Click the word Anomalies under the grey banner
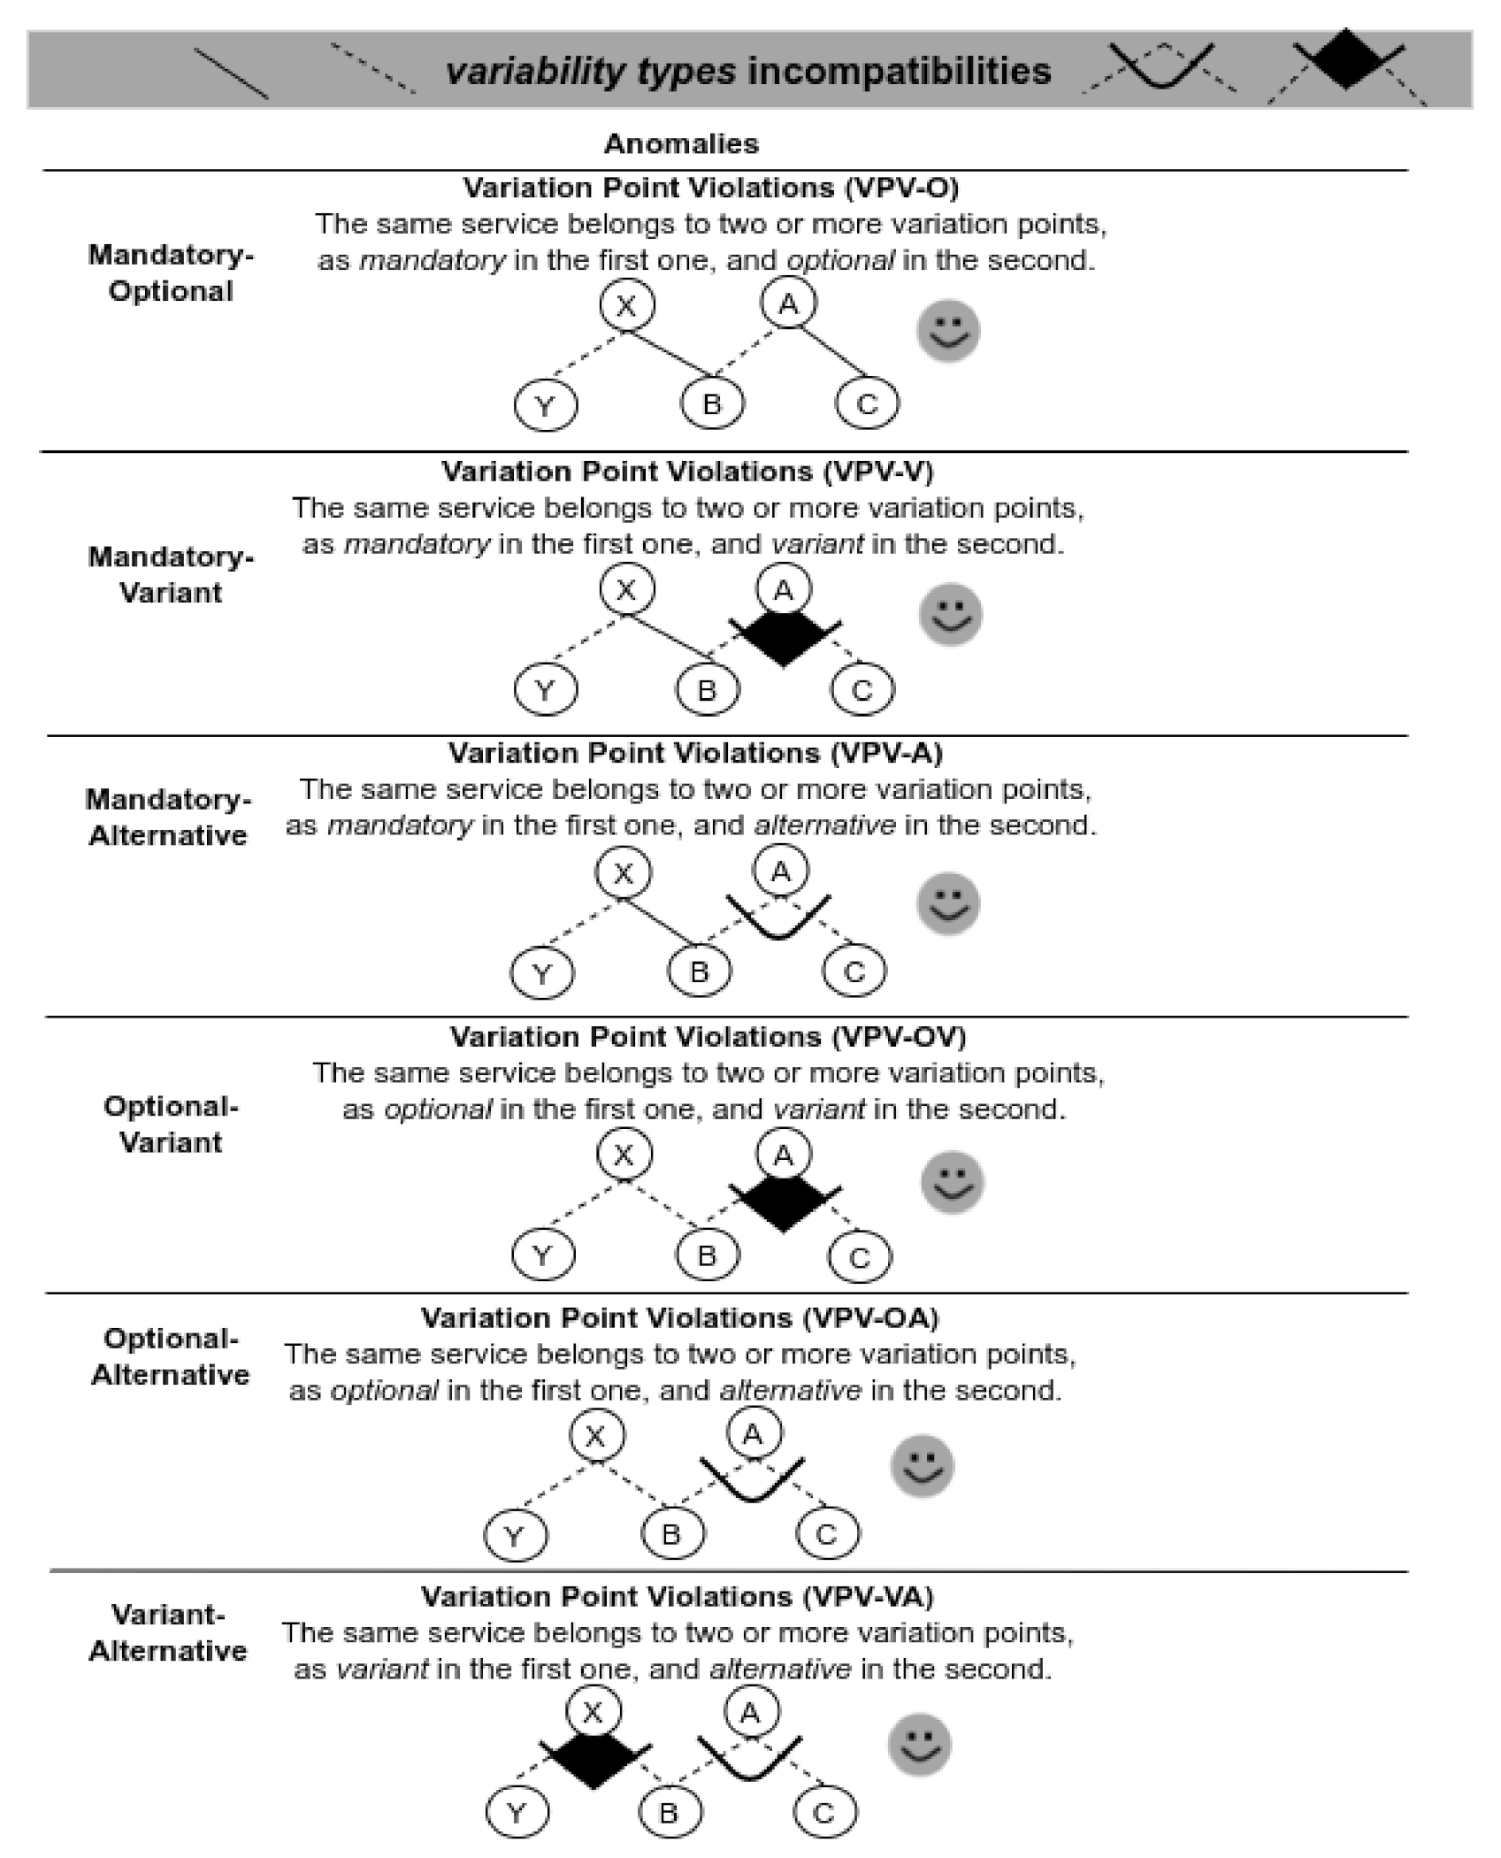coord(681,143)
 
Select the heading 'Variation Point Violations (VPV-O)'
coord(710,188)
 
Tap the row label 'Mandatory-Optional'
coord(171,273)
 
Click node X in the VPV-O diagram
coord(626,305)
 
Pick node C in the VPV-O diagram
coord(867,403)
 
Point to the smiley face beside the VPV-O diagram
coord(947,331)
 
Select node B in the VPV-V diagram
coord(708,689)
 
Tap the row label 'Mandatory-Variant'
coord(171,574)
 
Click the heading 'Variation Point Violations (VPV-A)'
coord(695,752)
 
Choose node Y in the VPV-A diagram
coord(542,973)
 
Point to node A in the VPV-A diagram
coord(781,871)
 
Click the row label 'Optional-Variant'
coord(171,1124)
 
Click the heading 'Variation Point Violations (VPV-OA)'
coord(679,1317)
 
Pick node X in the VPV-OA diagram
coord(596,1435)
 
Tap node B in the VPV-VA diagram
coord(670,1813)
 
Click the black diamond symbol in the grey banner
coord(1345,59)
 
